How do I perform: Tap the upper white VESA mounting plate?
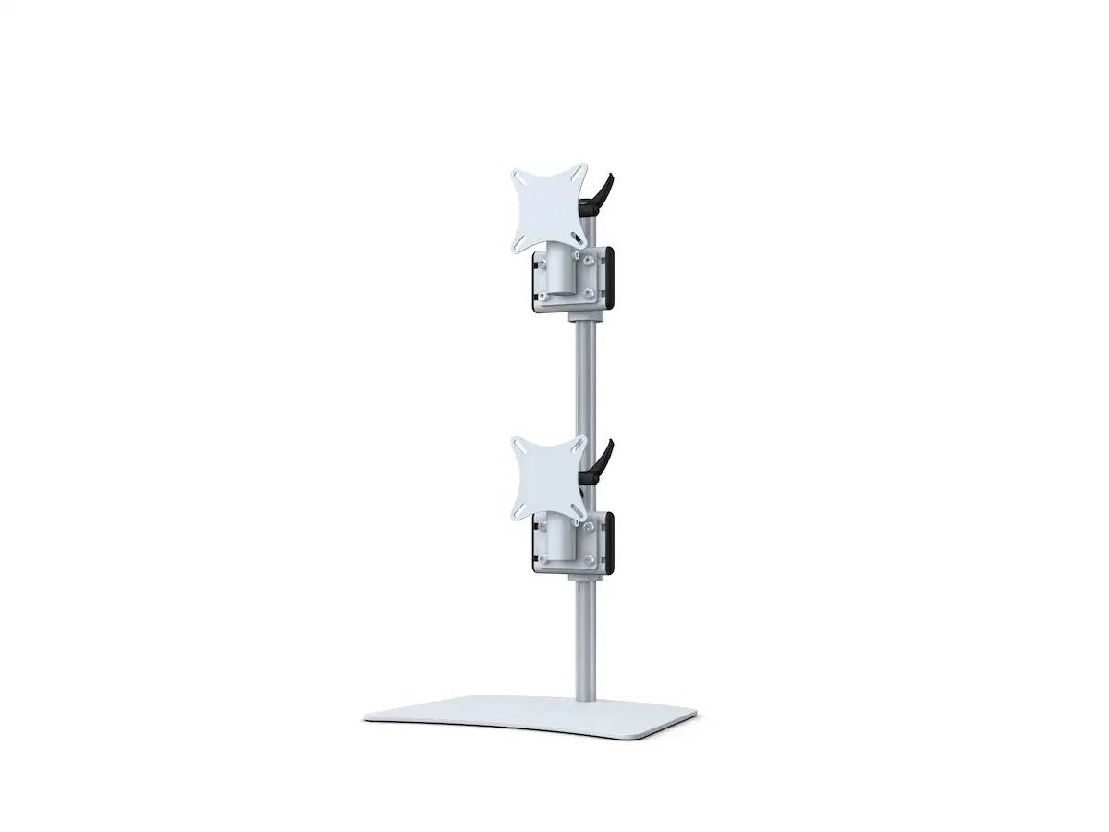pos(550,209)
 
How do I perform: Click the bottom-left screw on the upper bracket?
pos(544,296)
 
